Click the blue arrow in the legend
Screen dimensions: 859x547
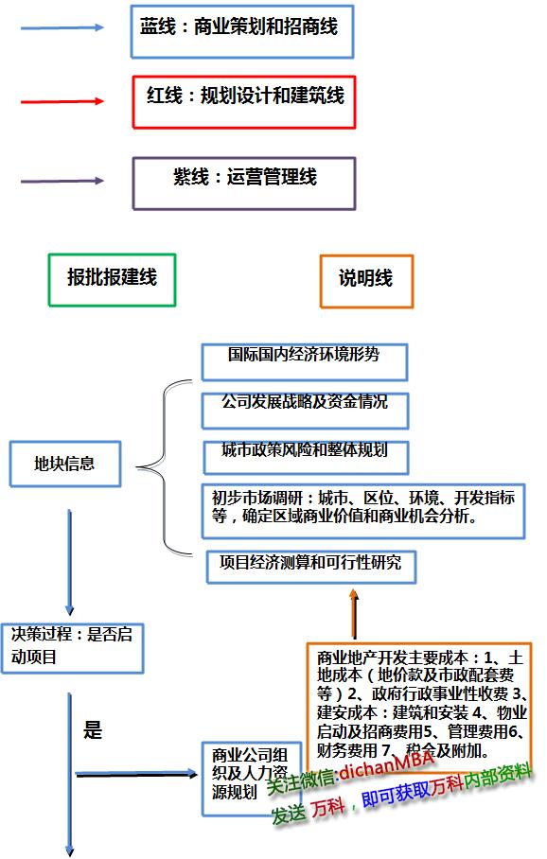[x=62, y=28]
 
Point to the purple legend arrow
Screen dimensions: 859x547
[x=62, y=179]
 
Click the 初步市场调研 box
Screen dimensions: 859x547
[x=363, y=508]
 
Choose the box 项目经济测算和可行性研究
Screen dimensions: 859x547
[x=310, y=564]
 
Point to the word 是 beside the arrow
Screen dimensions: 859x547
[x=93, y=730]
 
